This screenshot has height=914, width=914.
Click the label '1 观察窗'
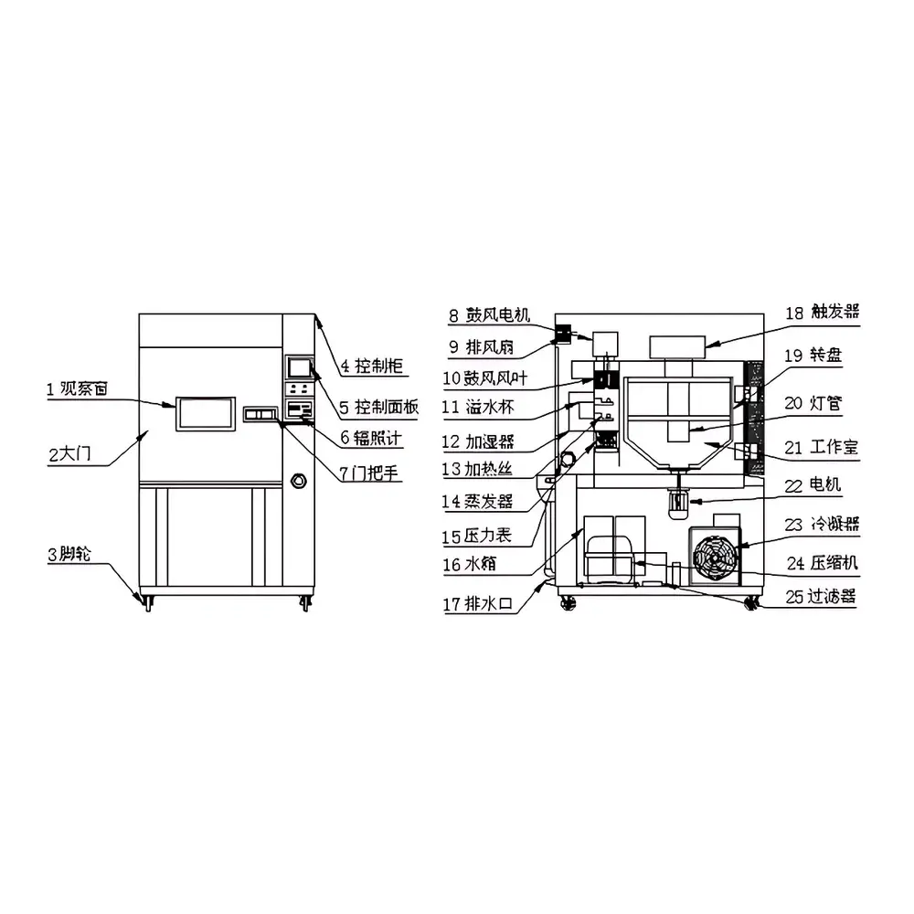tap(78, 389)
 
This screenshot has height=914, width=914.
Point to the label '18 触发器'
tap(822, 313)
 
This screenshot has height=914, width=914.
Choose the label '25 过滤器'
tap(821, 597)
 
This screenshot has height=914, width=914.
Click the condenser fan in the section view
tap(716, 555)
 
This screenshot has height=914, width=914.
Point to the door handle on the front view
tap(262, 416)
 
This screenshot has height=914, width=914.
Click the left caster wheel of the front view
tap(146, 602)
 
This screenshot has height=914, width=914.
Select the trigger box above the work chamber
tap(677, 346)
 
